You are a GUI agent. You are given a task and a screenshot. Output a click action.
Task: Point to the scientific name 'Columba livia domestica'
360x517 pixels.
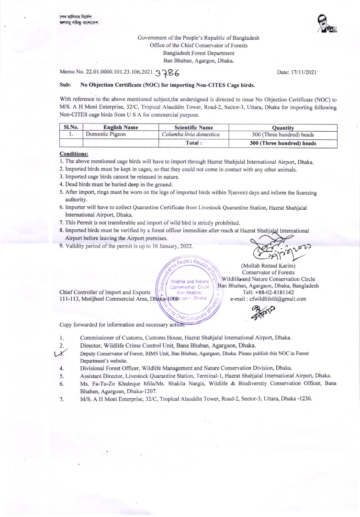click(x=194, y=135)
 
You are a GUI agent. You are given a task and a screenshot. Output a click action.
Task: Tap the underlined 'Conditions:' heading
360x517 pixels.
click(x=73, y=154)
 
